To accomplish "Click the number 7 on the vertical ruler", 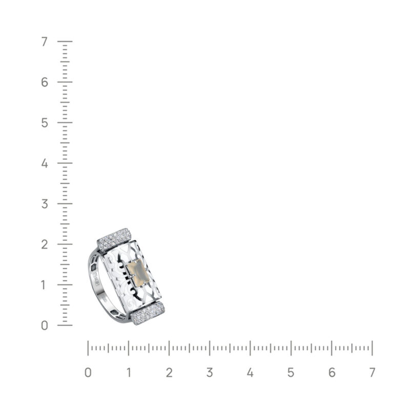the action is (45, 42).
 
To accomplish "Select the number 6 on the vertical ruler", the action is (45, 83).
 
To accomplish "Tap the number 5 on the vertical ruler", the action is (45, 123).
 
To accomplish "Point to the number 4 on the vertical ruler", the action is (45, 163).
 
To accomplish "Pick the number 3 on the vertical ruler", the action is (45, 204).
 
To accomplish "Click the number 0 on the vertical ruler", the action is (45, 325).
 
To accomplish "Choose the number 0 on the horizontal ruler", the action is (88, 373).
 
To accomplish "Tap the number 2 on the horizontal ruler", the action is (169, 373).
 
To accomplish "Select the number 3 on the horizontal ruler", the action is (210, 373).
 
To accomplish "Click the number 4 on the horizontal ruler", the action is (250, 373).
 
